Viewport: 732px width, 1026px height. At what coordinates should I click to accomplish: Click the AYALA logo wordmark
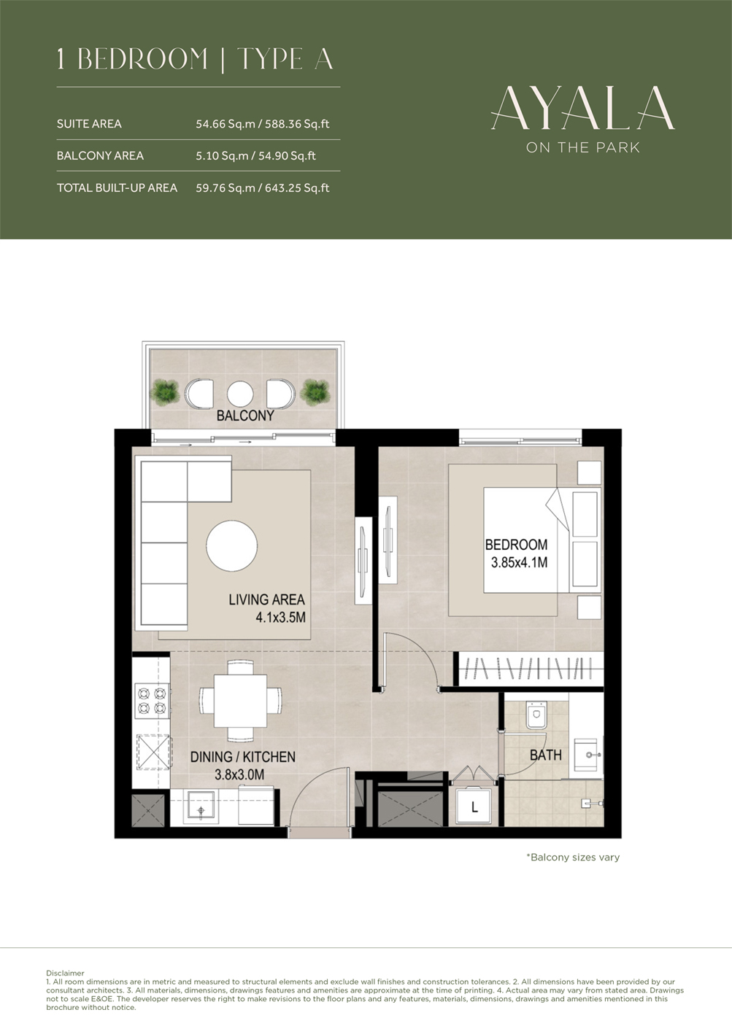(582, 108)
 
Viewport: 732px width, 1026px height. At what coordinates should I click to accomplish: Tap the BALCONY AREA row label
(100, 156)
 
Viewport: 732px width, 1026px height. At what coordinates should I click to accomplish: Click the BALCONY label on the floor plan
(245, 416)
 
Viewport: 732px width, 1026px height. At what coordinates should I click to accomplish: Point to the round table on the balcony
(239, 394)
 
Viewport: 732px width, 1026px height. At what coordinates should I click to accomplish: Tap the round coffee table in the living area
(231, 545)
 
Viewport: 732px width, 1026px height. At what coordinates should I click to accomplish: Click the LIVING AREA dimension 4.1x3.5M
(280, 618)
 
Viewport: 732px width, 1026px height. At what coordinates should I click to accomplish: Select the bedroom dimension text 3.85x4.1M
(519, 563)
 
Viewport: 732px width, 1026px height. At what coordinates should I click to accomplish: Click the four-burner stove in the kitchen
(152, 701)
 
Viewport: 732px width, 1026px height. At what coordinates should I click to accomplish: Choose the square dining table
(240, 701)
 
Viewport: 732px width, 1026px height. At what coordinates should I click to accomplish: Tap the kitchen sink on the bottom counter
(200, 808)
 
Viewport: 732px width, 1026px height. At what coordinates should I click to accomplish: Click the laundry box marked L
(474, 807)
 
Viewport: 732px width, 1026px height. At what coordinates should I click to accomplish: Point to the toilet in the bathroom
(536, 715)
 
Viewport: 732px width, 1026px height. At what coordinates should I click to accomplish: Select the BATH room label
(545, 755)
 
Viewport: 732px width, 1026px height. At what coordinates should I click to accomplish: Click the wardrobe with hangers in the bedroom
(530, 668)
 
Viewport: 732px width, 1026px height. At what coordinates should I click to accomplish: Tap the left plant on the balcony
(165, 393)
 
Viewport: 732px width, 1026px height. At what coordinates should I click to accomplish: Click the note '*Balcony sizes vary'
(573, 858)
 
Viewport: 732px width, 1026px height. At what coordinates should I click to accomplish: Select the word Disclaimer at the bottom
(65, 973)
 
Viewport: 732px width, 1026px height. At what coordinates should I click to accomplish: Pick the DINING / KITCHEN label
(242, 757)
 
